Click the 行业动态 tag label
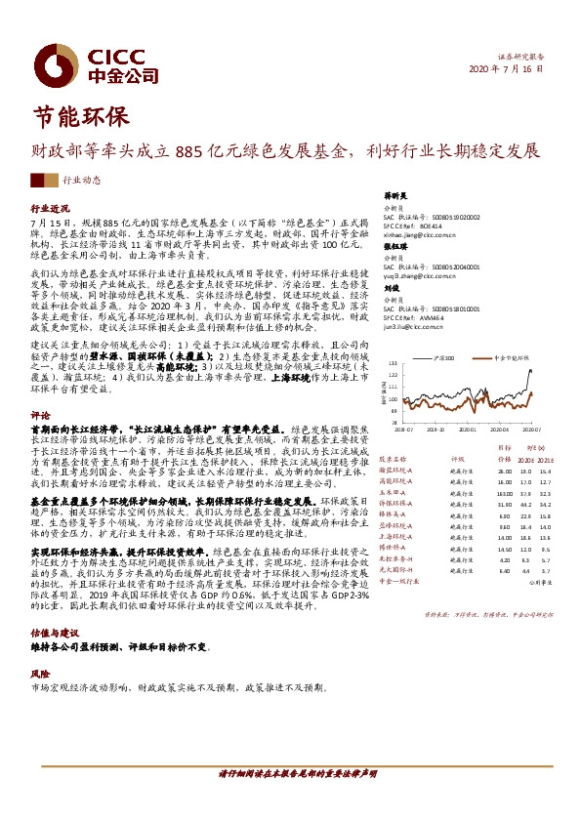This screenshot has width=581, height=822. tap(81, 180)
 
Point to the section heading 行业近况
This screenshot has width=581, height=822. tap(51, 209)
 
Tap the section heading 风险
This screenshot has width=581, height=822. tap(39, 673)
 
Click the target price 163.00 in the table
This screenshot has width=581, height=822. tap(504, 494)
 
